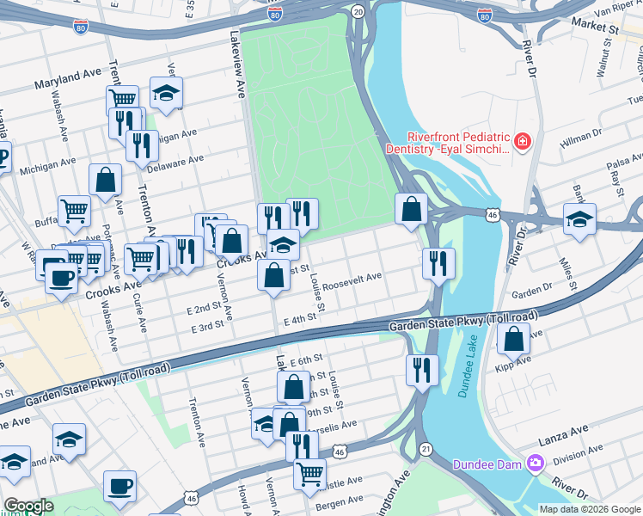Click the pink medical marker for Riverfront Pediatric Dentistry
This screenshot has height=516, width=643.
pyautogui.click(x=521, y=141)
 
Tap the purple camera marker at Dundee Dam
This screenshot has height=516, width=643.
pyautogui.click(x=537, y=464)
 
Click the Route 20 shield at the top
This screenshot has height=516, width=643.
pyautogui.click(x=358, y=11)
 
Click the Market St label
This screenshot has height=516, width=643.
pyautogui.click(x=594, y=28)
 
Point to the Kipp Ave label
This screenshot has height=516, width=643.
pyautogui.click(x=514, y=364)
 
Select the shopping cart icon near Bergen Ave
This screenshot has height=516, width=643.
pyautogui.click(x=309, y=471)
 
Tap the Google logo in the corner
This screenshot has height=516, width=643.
pyautogui.click(x=28, y=506)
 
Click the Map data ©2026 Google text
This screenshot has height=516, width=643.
pyautogui.click(x=590, y=509)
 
